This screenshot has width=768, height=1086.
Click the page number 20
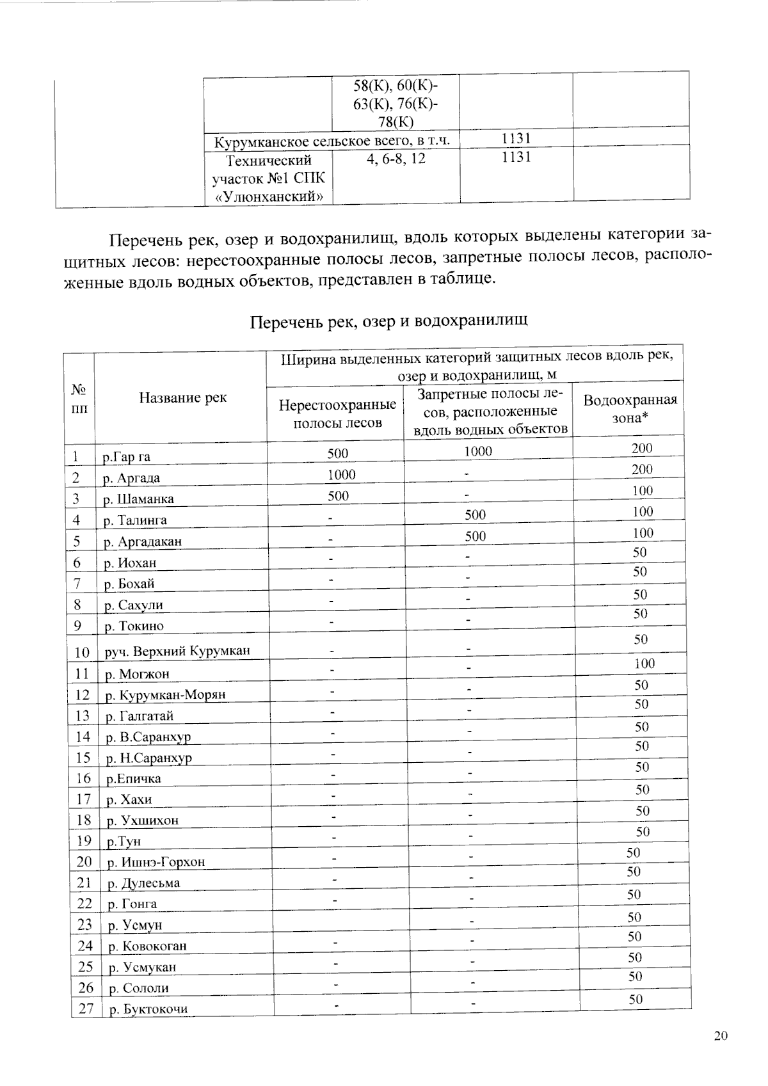pos(721,1036)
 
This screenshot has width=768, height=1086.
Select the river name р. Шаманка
pos(138,499)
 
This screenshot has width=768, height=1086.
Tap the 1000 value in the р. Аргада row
pos(341,475)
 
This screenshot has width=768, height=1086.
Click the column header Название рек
pos(182,398)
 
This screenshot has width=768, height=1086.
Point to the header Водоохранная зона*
pos(630,409)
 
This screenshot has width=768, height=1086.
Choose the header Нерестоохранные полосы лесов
pos(337,414)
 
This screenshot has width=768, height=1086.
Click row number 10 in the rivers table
pos(81,652)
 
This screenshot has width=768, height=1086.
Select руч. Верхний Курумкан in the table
pos(177,652)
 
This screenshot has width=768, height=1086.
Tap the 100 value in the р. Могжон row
pos(644,664)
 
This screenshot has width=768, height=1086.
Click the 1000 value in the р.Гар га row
pos(477,451)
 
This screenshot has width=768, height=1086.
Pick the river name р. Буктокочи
pos(148,1009)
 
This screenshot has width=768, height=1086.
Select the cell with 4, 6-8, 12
pos(396,158)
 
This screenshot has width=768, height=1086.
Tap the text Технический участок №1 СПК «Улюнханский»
pos(268,178)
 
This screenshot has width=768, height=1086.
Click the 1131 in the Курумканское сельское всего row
pos(515,138)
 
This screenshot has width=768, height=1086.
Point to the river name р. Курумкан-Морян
pos(165,695)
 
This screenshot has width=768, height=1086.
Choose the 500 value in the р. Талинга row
pos(475,515)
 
